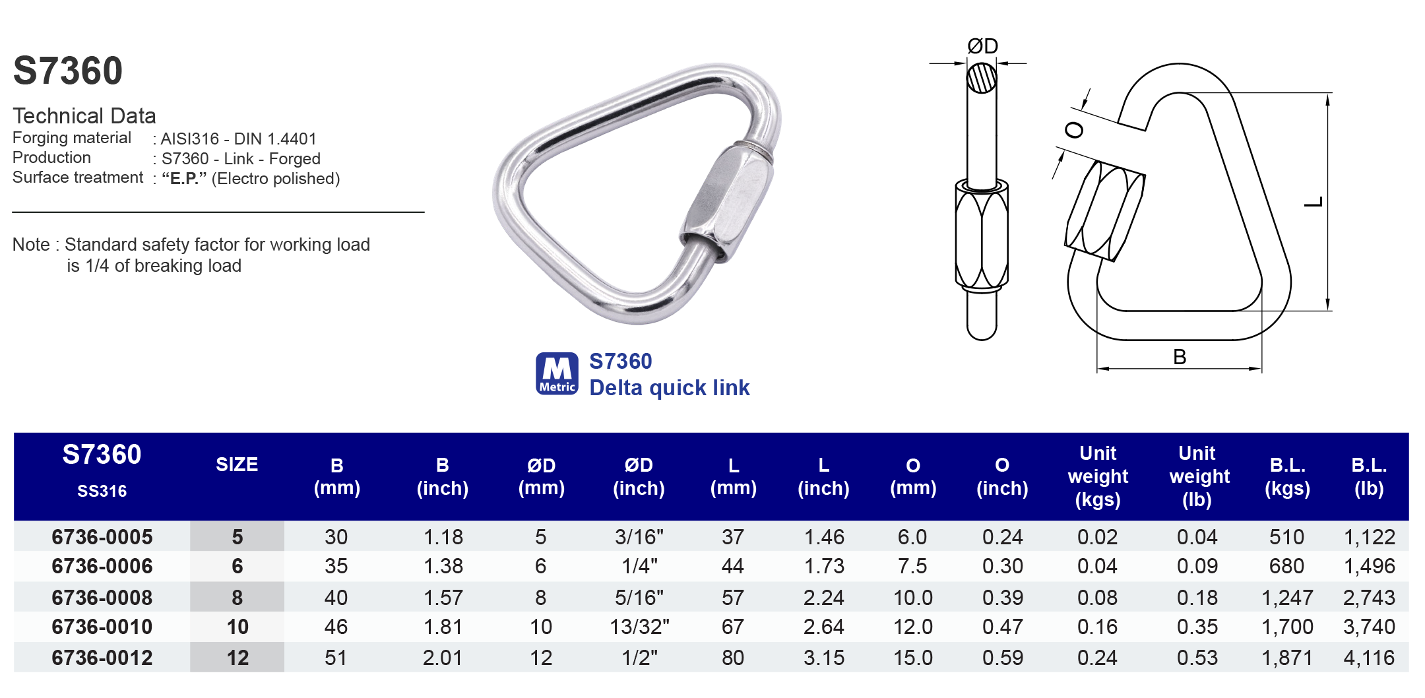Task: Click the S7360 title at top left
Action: [68, 71]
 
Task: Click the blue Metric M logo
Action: [557, 373]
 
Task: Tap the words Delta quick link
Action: [669, 388]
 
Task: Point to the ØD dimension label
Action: [982, 46]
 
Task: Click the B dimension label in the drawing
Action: [1180, 357]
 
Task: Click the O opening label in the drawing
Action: [1074, 130]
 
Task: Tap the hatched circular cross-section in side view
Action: [982, 78]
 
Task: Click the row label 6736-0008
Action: [102, 598]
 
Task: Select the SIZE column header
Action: [237, 464]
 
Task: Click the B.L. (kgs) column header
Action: [1287, 476]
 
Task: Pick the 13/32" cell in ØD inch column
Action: [639, 627]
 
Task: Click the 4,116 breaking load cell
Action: [1369, 658]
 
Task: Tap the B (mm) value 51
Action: [336, 658]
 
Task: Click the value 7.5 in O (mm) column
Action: [912, 566]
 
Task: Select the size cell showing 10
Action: [237, 627]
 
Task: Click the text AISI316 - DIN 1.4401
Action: [239, 139]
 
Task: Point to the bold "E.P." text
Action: [184, 179]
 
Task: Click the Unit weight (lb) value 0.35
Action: [1197, 627]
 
